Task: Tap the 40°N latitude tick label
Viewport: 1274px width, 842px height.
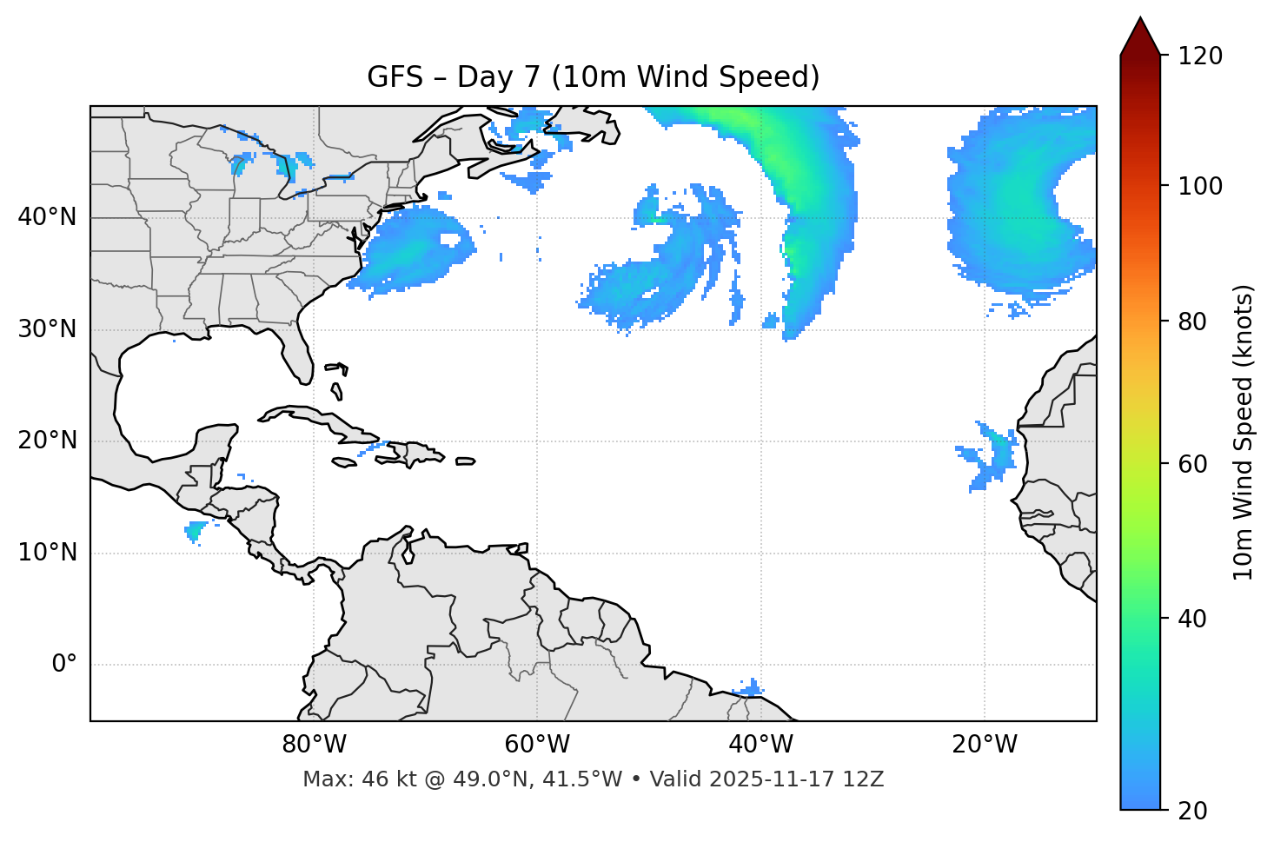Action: tap(47, 217)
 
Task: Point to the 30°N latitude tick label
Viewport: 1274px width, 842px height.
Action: tap(47, 329)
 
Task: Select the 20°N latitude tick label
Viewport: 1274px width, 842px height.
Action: tap(47, 441)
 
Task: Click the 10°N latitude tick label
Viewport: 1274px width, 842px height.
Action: tap(47, 553)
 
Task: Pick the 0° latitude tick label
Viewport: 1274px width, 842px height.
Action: tap(64, 665)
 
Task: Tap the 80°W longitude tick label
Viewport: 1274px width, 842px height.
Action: tap(314, 745)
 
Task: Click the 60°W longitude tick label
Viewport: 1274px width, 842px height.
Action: tap(537, 745)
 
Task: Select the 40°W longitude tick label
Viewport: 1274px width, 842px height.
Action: tap(760, 745)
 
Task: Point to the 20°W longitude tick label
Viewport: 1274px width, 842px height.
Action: tap(984, 745)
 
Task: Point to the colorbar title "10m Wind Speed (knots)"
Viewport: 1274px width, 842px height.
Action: tap(1244, 432)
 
